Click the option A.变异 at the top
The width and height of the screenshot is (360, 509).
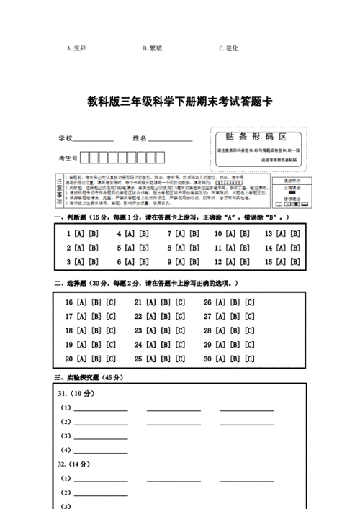76,48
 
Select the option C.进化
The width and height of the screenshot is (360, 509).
228,48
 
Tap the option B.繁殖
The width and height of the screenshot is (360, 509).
152,48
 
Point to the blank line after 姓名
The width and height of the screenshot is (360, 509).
171,138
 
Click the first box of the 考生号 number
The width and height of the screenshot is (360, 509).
84,158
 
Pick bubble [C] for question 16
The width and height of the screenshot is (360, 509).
111,302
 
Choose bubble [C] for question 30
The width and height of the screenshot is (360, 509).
249,359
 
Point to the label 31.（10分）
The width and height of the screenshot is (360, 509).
76,394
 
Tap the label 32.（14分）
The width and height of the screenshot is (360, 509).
76,464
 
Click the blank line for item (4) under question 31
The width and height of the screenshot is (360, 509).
100,451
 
